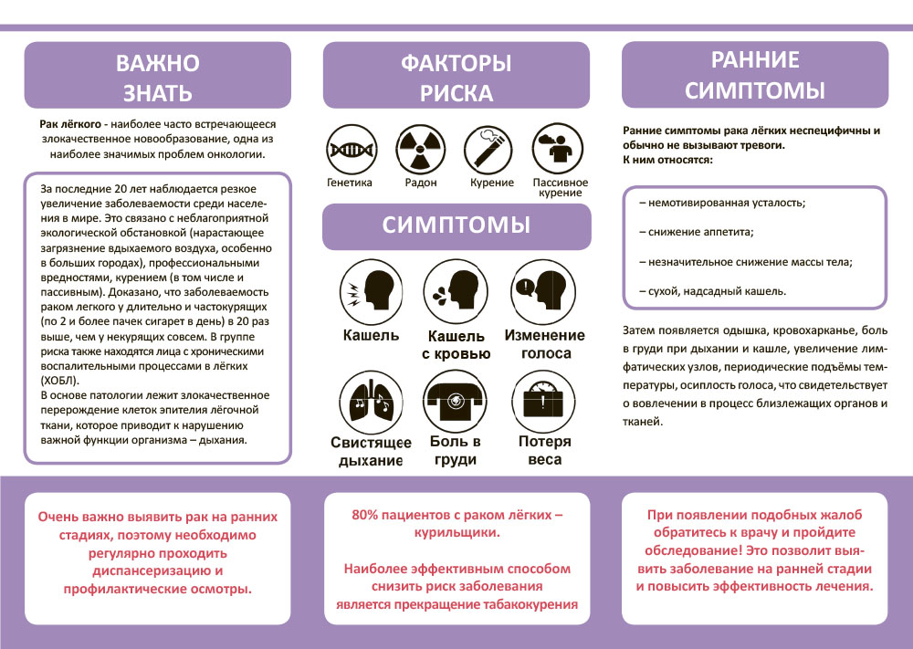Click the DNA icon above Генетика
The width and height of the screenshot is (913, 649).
click(350, 147)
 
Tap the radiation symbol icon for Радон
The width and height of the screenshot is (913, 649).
click(418, 147)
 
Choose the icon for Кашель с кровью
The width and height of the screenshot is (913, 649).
click(454, 289)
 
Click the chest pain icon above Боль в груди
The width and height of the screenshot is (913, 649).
click(454, 399)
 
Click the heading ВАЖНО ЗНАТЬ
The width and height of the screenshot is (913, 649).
click(157, 78)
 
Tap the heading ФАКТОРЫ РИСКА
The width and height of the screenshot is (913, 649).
click(456, 78)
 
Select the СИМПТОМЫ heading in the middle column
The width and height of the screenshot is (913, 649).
click(456, 225)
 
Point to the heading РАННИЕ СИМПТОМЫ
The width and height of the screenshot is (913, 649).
click(754, 75)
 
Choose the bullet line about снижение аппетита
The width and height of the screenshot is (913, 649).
click(697, 232)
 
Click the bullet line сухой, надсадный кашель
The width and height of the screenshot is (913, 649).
click(712, 291)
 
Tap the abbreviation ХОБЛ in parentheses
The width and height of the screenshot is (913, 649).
click(60, 379)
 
